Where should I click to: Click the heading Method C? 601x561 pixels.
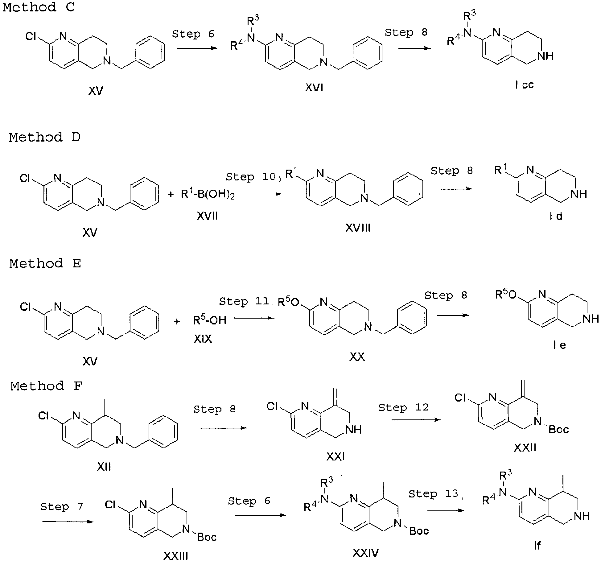click(x=39, y=7)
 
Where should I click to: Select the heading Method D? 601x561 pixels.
click(x=45, y=137)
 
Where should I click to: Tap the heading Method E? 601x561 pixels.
click(x=45, y=264)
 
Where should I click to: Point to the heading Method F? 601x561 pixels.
click(x=46, y=386)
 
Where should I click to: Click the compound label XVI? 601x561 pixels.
click(x=314, y=88)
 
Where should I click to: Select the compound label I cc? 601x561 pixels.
click(x=525, y=85)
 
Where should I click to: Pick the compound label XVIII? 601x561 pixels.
click(x=358, y=228)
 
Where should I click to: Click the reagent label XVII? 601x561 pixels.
click(x=207, y=216)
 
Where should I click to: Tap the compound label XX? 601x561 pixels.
click(x=357, y=357)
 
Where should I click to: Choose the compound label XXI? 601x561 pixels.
click(x=335, y=457)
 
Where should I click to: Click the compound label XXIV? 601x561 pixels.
click(x=366, y=553)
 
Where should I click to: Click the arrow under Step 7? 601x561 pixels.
click(x=68, y=522)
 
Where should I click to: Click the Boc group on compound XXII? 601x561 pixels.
click(x=559, y=430)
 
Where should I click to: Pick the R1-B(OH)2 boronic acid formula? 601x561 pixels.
click(x=208, y=195)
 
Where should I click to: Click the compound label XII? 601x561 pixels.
click(x=104, y=467)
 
